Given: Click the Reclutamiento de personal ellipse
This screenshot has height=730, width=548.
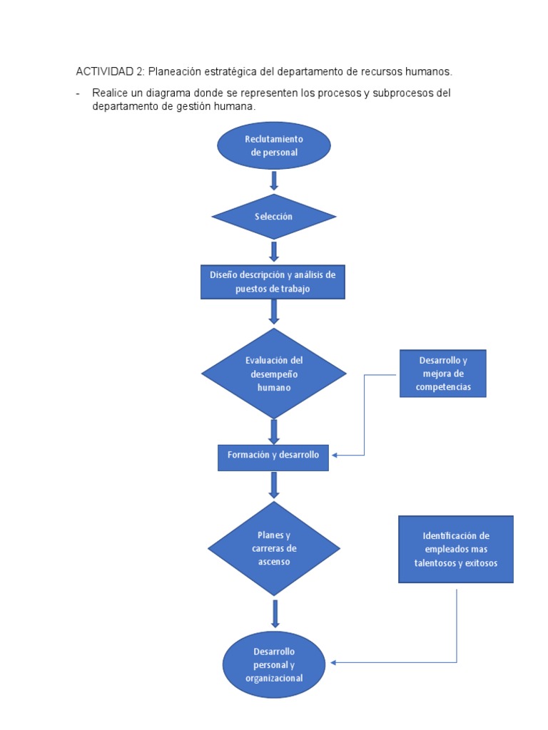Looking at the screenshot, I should [274, 145].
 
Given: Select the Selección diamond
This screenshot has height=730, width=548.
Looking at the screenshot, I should [274, 217].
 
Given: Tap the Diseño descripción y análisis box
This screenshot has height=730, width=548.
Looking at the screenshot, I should [273, 282].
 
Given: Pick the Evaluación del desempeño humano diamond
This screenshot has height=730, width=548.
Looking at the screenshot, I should [274, 373].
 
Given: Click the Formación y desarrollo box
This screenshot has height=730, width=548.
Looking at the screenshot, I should [273, 456].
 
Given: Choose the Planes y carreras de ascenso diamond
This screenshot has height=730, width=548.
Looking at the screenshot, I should [274, 548].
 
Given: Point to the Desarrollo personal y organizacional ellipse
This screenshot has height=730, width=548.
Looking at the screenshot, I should [274, 664].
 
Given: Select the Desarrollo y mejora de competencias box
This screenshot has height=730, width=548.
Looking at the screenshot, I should [442, 374].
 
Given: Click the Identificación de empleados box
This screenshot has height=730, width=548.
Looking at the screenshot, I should [455, 549].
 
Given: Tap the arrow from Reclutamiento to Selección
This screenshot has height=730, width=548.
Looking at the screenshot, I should [274, 181].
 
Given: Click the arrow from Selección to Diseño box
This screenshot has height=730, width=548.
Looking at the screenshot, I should [274, 251].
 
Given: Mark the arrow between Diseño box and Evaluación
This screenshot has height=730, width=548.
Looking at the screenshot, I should [274, 312].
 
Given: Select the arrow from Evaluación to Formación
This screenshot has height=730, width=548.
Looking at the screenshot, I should [274, 431].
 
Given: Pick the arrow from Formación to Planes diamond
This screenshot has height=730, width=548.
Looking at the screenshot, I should [274, 485].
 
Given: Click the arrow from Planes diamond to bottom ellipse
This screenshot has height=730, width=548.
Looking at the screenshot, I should [275, 613].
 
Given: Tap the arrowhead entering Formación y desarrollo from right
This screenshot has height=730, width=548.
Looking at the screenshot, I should [335, 456].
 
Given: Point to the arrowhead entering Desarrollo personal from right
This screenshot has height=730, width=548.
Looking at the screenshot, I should [334, 663].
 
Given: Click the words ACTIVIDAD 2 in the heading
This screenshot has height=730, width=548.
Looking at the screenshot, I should [109, 72].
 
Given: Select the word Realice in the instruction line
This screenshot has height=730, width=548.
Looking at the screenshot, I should [110, 93].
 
